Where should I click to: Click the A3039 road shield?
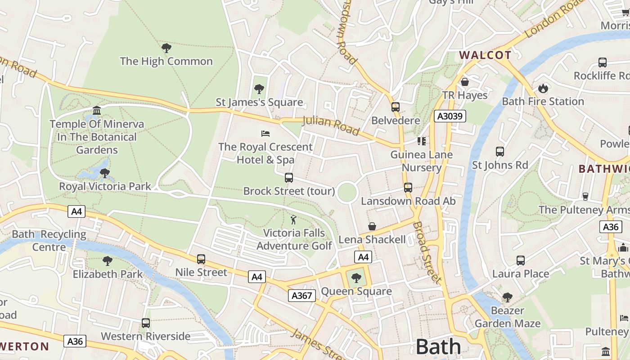450,117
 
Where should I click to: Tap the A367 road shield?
301,296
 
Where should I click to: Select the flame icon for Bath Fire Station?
543,88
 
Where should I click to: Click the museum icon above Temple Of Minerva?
96,111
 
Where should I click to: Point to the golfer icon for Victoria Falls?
294,220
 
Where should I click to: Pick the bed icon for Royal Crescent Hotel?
265,134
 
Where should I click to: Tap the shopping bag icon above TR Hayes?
465,82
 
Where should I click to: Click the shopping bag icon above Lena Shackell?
372,226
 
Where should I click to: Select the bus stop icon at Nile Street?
201,259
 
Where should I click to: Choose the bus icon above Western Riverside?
145,323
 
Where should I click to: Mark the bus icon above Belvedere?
396,107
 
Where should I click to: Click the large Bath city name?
438,347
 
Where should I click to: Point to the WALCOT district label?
485,55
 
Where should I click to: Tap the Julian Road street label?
331,126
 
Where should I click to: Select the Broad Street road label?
427,252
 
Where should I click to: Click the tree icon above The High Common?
166,48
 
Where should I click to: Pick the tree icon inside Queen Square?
356,278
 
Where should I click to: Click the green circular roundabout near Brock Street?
346,193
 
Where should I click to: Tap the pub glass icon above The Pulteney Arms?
585,196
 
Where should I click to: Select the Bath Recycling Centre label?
49,241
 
